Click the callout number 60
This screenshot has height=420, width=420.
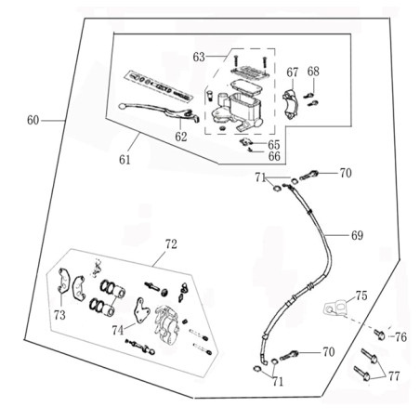click(33, 120)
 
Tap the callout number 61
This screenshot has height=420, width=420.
click(125, 160)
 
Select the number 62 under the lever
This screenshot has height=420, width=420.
click(181, 137)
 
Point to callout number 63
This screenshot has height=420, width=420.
click(199, 57)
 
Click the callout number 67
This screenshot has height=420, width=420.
click(292, 72)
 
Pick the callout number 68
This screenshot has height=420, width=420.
click(313, 72)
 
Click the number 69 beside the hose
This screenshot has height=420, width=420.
click(357, 235)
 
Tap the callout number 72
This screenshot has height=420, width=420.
click(171, 244)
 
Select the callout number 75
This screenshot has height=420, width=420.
click(361, 295)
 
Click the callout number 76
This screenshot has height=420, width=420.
click(400, 337)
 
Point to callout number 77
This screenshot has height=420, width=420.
click(394, 376)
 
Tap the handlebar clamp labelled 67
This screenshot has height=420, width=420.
click(291, 104)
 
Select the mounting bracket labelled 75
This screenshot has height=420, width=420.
click(336, 308)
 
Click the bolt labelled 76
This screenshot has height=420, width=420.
click(380, 335)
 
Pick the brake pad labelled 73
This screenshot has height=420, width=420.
click(64, 281)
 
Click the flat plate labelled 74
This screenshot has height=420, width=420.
click(140, 309)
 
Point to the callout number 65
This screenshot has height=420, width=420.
click(274, 145)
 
